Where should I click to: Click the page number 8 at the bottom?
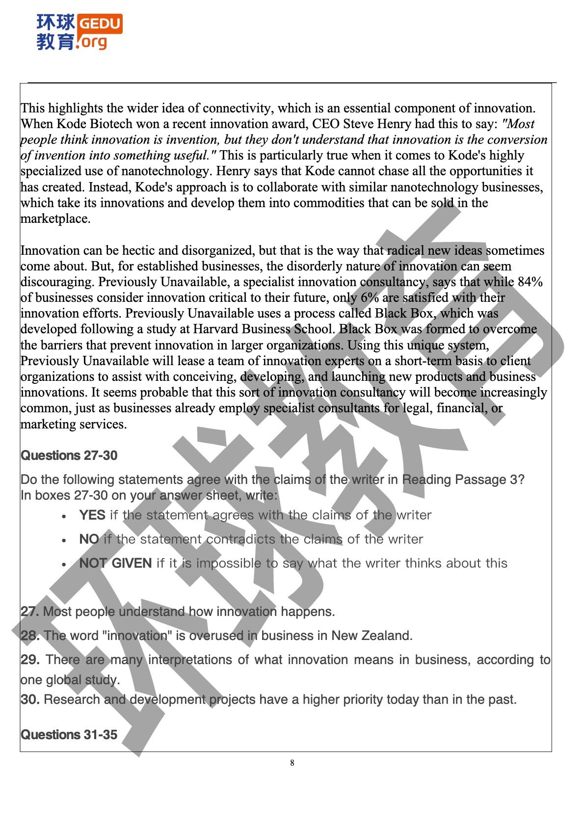tap(292, 763)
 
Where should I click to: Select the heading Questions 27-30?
tap(69, 455)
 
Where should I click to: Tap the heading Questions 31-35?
tap(69, 735)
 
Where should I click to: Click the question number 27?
tap(30, 612)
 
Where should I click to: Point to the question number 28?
tap(30, 636)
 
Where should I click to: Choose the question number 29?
tap(30, 660)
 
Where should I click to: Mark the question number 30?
tap(30, 699)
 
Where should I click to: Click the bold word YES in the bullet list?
tap(92, 515)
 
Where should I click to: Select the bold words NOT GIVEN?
tap(115, 563)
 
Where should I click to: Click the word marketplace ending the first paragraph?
tap(55, 218)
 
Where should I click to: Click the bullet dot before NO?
tap(64, 540)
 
